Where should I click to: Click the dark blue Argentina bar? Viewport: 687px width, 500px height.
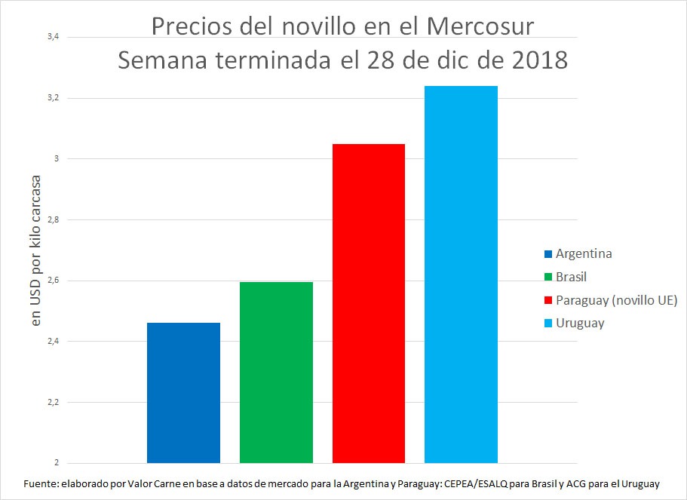(183, 392)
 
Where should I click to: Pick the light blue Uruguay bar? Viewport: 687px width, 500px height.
(461, 275)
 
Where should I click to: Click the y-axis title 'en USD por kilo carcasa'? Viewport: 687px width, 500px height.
(35, 250)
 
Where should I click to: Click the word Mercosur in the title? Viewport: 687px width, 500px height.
(480, 27)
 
